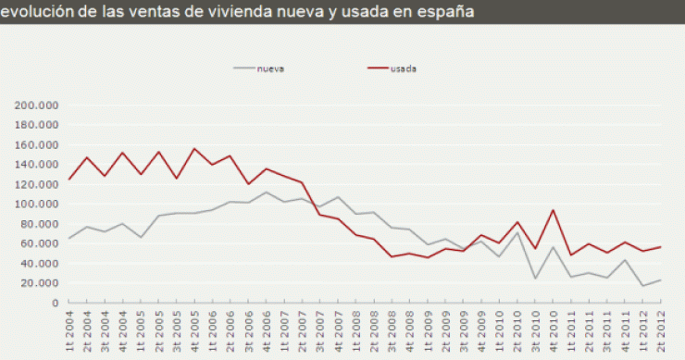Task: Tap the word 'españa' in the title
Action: coord(447,12)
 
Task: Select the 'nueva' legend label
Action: coord(271,68)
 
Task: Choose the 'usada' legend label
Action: coord(404,68)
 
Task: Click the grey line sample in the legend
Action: coord(244,68)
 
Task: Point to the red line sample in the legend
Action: coord(377,68)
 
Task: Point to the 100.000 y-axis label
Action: coord(37,205)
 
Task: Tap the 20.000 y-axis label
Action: coord(40,283)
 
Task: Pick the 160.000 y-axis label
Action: coord(37,145)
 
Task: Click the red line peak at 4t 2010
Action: coord(553,209)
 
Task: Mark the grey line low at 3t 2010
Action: coord(535,278)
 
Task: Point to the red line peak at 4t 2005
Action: coord(194,148)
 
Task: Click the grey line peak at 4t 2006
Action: coord(266,192)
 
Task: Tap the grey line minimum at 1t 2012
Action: coord(641,285)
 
